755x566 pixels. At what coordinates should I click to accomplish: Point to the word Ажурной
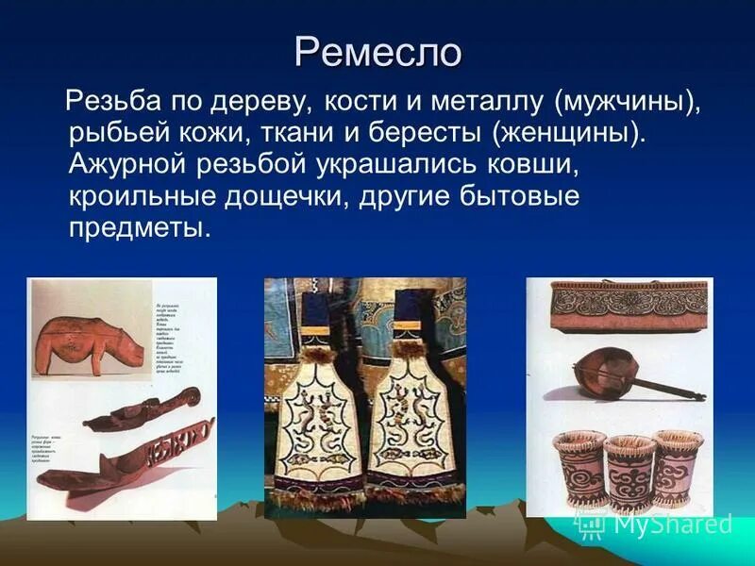coord(128,163)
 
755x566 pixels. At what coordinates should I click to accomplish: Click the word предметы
coord(138,229)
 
